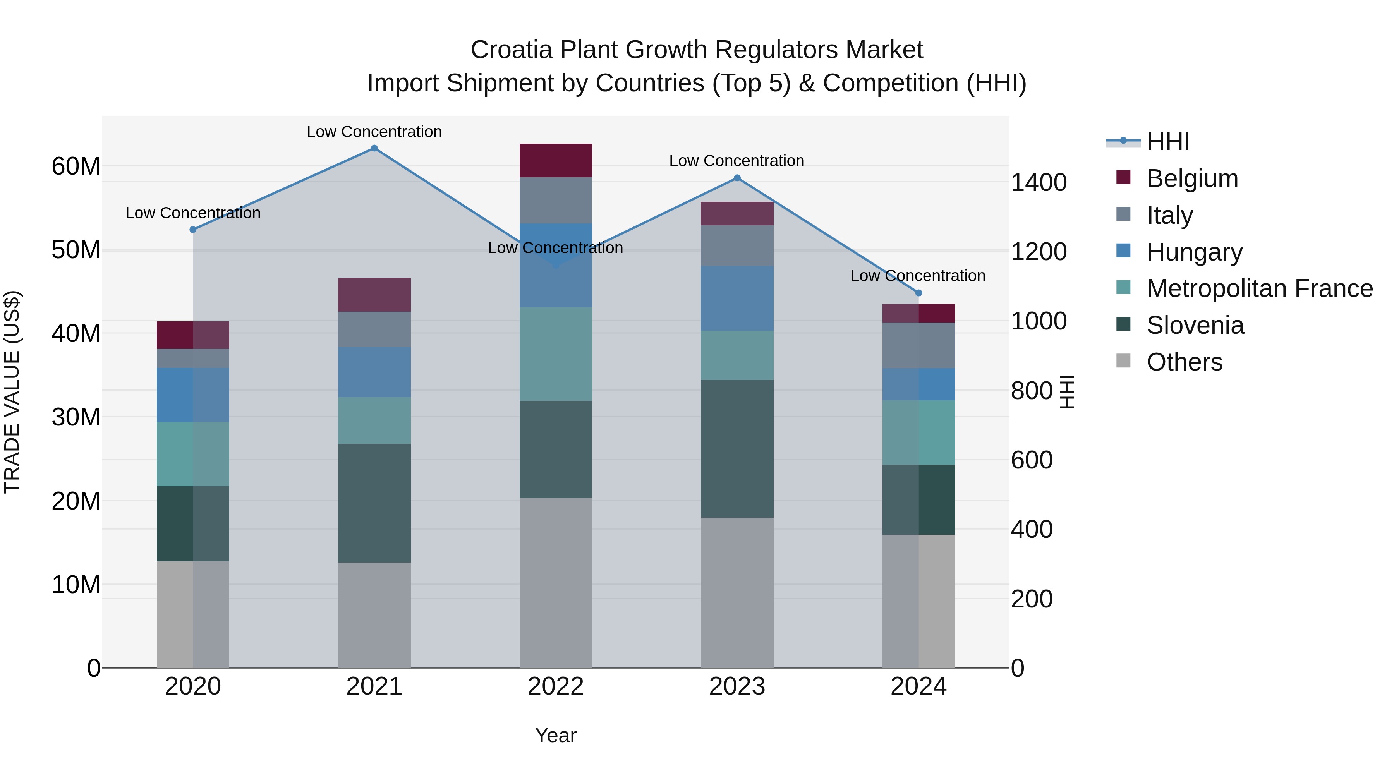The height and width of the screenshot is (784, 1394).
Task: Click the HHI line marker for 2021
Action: [x=374, y=148]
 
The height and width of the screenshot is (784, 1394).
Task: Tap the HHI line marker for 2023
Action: [x=736, y=178]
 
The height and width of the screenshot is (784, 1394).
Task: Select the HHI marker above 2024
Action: [x=918, y=293]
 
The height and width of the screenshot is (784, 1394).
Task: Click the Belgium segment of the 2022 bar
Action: [x=555, y=161]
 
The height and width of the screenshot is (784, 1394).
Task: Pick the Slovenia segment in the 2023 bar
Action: [x=736, y=449]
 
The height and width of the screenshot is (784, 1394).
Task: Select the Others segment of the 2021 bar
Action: [x=374, y=615]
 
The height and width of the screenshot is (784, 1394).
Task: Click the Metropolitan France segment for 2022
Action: [x=555, y=354]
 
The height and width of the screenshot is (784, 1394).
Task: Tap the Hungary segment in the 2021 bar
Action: [x=374, y=372]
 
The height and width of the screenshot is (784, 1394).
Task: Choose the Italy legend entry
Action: [x=1169, y=215]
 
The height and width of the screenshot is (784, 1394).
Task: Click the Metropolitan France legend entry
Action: [x=1259, y=289]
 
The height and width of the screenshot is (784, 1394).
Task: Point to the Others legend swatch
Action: [x=1123, y=361]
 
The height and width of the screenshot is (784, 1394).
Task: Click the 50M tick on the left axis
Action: [x=76, y=250]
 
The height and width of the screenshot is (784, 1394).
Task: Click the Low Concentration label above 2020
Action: [x=193, y=213]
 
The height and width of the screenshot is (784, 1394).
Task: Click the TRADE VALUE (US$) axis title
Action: [x=12, y=392]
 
